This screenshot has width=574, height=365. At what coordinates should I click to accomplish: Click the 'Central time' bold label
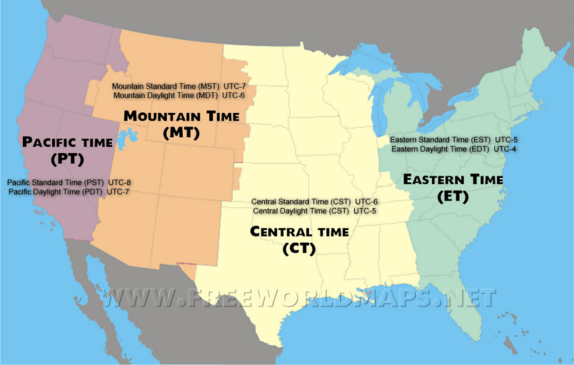(x=299, y=231)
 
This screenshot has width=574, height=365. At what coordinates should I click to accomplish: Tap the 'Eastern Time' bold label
(x=454, y=179)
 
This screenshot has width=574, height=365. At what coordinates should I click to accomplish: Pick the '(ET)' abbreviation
(x=454, y=196)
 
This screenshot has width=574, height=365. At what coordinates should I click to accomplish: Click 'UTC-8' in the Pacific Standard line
(x=119, y=183)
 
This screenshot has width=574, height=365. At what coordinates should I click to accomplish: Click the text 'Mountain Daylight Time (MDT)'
(x=165, y=95)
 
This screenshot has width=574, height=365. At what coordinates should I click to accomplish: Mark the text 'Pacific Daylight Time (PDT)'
(x=56, y=192)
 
